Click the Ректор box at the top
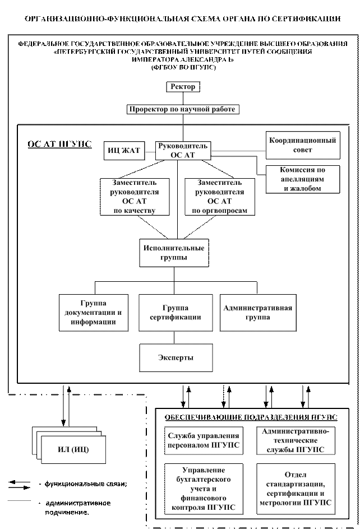[x=183, y=87]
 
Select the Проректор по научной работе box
[x=183, y=109]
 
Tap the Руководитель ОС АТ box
[x=183, y=150]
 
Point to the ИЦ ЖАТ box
[x=124, y=150]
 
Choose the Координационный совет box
[x=303, y=145]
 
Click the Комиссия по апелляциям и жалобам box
[x=303, y=179]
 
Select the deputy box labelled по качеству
[x=135, y=197]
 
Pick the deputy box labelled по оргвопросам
[x=220, y=197]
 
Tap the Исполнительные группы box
[x=174, y=253]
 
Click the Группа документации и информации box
[x=94, y=313]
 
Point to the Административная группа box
[x=257, y=313]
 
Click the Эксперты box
[x=176, y=358]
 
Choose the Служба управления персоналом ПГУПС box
[x=204, y=440]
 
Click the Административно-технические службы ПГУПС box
[x=296, y=440]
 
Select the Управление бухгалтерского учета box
[x=204, y=489]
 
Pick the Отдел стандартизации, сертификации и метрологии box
[x=296, y=489]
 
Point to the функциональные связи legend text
[x=86, y=484]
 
